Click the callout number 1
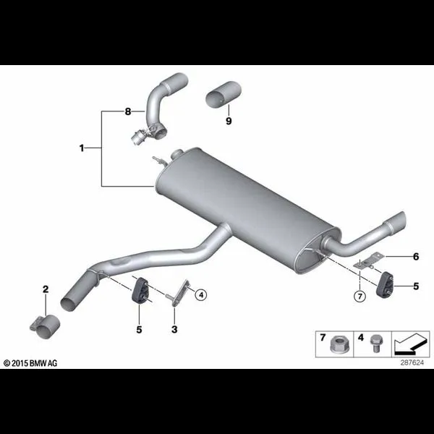coord(82,148)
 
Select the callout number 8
coord(127,112)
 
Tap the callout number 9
coord(229,121)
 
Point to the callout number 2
coord(46,289)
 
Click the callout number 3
coord(174,330)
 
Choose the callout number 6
coord(416,257)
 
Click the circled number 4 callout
coord(201,295)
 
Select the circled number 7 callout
coord(359,297)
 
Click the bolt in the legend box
coord(375,344)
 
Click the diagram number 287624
coord(412,362)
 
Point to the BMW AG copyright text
coord(30,363)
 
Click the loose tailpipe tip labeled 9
coord(224,93)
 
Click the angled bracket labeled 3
coord(181,293)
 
